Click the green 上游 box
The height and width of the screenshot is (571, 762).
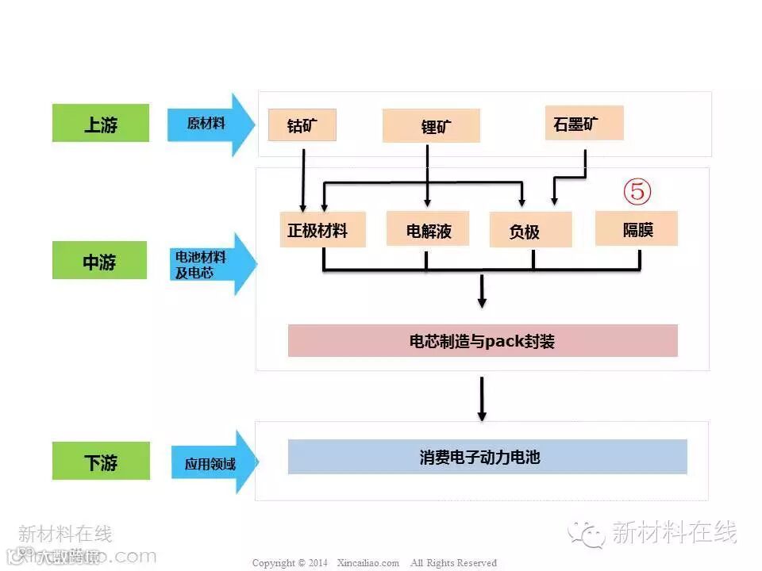click(x=101, y=123)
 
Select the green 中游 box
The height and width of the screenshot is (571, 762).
click(x=100, y=260)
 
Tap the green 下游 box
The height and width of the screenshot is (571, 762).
click(x=101, y=461)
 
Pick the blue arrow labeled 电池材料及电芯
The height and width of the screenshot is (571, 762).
click(x=211, y=264)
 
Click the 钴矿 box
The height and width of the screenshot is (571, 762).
click(x=302, y=125)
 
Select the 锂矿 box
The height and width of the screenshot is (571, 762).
click(x=431, y=125)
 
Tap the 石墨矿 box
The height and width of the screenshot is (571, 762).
click(x=583, y=123)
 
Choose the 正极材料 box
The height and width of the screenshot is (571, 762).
click(x=322, y=229)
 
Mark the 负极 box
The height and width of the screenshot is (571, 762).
click(x=530, y=230)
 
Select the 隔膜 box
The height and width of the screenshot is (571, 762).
click(x=637, y=228)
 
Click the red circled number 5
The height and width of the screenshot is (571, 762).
click(x=637, y=191)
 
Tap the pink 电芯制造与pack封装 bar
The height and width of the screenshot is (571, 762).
click(x=483, y=341)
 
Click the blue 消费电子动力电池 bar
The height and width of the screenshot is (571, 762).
click(x=487, y=457)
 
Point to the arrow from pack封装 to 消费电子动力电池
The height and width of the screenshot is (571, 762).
click(x=482, y=399)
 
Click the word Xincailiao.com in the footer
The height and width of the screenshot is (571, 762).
click(x=368, y=563)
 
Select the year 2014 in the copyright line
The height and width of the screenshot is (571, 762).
click(x=317, y=563)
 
